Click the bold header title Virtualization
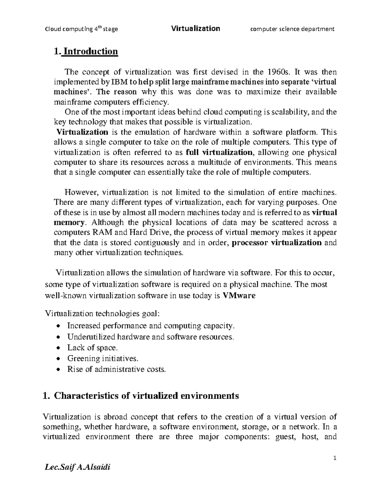[195, 29]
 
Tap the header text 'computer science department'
[292, 29]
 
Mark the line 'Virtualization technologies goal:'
[101, 314]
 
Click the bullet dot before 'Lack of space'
[57, 348]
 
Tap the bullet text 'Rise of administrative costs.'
[117, 369]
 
